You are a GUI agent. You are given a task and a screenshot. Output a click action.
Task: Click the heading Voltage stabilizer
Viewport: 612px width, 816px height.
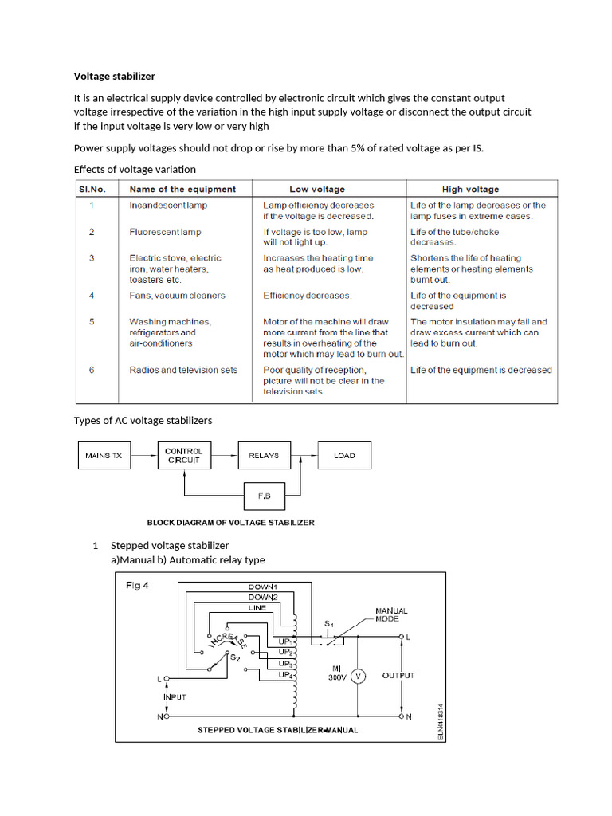click(114, 76)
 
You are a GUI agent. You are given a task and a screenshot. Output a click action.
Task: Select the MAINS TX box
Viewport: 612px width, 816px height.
click(104, 457)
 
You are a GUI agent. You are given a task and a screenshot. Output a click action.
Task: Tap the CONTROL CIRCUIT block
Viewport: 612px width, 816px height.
click(184, 456)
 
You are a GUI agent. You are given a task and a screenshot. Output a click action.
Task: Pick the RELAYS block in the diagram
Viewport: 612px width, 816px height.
click(264, 457)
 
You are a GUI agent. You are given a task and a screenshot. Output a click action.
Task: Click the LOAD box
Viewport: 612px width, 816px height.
click(344, 457)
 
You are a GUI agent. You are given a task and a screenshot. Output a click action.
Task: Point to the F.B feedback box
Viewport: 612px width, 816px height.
click(265, 496)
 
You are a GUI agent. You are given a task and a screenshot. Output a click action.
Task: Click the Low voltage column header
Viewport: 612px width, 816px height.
click(317, 190)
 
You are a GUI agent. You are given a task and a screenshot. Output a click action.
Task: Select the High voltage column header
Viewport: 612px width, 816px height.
click(470, 190)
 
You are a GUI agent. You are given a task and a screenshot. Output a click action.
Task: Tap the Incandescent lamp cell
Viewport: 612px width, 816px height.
click(168, 206)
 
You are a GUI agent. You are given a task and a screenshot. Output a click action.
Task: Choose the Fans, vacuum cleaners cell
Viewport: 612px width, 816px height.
click(177, 296)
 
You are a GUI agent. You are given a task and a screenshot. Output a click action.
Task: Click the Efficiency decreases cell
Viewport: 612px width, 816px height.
click(308, 296)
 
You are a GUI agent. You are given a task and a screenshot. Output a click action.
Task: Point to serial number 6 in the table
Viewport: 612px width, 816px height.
click(92, 370)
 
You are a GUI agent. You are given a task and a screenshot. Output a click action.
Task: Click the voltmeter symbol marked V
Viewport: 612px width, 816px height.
click(358, 676)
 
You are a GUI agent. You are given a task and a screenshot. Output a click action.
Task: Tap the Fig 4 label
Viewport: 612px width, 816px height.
click(137, 586)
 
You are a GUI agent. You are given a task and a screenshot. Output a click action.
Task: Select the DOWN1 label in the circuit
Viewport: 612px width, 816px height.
click(263, 587)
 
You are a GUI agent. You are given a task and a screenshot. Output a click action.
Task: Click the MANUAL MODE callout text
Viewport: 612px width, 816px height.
click(390, 615)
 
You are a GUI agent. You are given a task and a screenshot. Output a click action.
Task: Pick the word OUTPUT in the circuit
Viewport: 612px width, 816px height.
click(398, 676)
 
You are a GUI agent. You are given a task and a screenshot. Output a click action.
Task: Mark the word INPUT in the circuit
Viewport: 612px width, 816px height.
click(175, 697)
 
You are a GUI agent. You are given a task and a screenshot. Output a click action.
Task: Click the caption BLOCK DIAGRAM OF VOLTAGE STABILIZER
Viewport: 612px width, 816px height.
click(231, 523)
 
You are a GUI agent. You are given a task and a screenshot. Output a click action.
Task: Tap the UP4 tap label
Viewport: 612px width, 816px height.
click(285, 675)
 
